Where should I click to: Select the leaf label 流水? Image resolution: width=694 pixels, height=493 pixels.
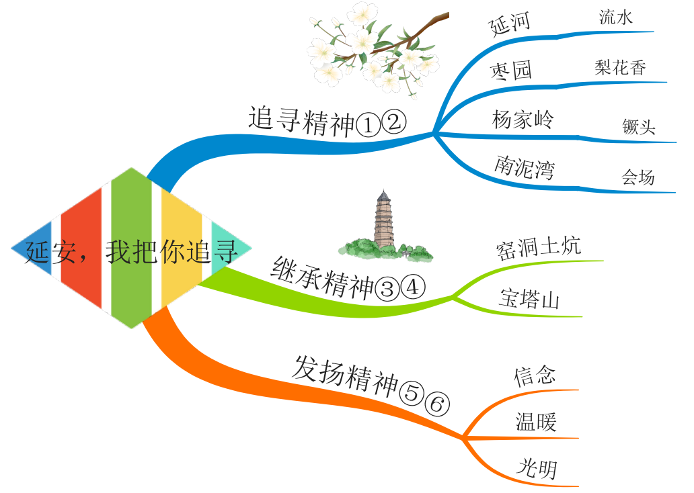click(616, 17)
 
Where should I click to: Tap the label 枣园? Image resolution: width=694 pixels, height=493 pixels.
click(511, 70)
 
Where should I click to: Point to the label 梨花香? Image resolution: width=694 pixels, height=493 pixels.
click(620, 67)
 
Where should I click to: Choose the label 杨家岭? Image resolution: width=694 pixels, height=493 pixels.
click(523, 120)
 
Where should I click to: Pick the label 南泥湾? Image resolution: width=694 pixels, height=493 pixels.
click(525, 167)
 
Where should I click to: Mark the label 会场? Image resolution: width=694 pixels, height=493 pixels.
click(638, 177)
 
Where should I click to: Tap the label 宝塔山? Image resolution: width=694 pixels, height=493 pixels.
click(529, 300)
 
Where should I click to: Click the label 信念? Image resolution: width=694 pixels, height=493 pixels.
click(535, 375)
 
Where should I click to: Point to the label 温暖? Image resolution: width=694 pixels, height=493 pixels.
click(536, 422)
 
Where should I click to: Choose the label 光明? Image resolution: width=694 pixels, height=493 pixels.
click(537, 469)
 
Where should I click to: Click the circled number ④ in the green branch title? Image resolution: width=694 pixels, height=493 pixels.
click(412, 289)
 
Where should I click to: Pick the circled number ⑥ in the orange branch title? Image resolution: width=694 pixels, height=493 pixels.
click(436, 405)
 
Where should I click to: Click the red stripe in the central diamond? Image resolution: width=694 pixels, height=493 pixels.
click(81, 249)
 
